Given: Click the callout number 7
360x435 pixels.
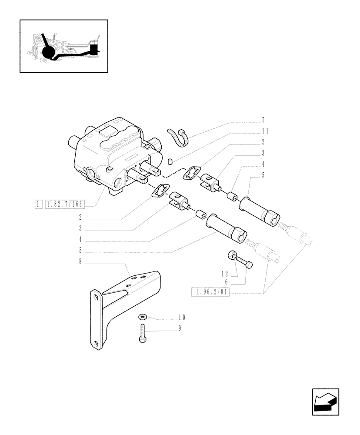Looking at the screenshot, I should (263, 120).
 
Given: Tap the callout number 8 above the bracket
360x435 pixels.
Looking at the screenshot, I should (80, 262).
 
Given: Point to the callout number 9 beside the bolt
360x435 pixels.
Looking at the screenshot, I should (179, 328).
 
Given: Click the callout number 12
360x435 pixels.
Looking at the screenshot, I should (224, 274).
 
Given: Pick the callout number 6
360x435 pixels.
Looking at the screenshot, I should (226, 282).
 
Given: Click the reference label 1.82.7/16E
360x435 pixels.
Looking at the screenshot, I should (64, 204).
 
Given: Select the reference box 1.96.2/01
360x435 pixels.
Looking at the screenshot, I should (210, 292).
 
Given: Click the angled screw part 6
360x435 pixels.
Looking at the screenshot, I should (244, 262).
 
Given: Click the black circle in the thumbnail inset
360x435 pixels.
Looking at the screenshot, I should (49, 54).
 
